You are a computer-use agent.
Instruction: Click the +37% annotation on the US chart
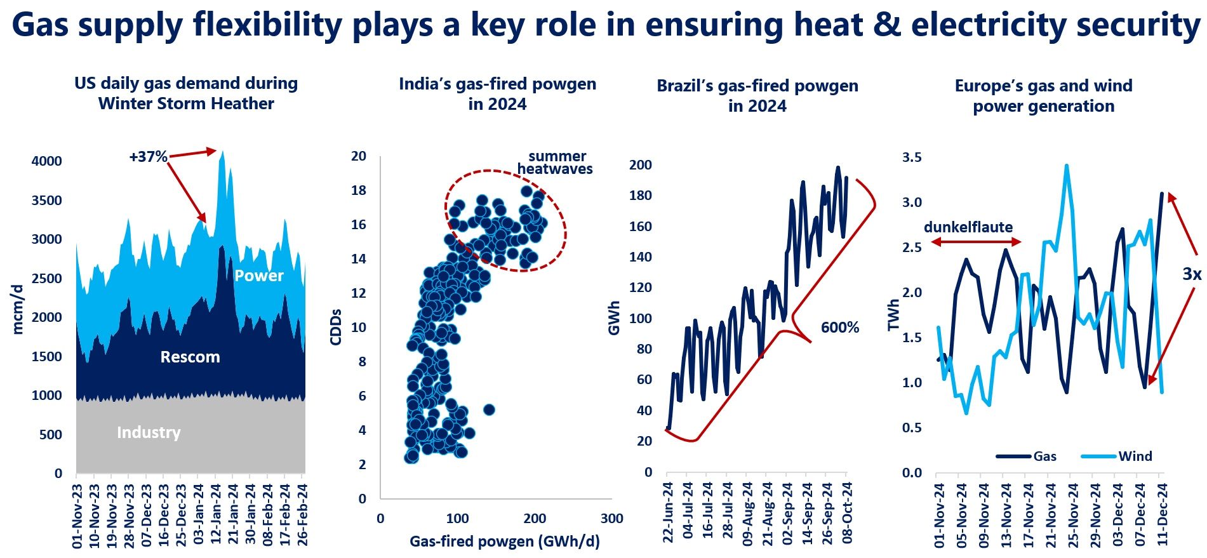click(x=148, y=157)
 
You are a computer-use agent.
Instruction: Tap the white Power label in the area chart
click(x=259, y=276)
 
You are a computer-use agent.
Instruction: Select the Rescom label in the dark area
click(x=190, y=357)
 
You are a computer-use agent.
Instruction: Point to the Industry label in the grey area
click(x=149, y=432)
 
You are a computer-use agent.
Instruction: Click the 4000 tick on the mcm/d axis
click(x=47, y=161)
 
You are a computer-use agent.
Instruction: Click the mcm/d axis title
click(x=18, y=309)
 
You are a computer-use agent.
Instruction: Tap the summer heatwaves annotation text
click(x=554, y=163)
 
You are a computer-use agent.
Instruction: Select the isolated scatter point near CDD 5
click(x=489, y=409)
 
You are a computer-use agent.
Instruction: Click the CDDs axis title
click(x=336, y=327)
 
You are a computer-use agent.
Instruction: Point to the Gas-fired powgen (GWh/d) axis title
click(x=504, y=541)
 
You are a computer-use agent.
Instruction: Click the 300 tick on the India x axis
click(x=611, y=519)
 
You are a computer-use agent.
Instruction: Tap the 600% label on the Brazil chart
click(x=839, y=328)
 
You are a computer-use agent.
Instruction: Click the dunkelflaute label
click(x=968, y=227)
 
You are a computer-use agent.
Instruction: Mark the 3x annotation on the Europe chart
click(x=1191, y=274)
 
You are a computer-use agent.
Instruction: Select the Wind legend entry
click(x=1135, y=456)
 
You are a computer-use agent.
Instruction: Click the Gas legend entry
click(x=1044, y=456)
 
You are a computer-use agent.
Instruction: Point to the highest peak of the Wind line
click(x=1067, y=166)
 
